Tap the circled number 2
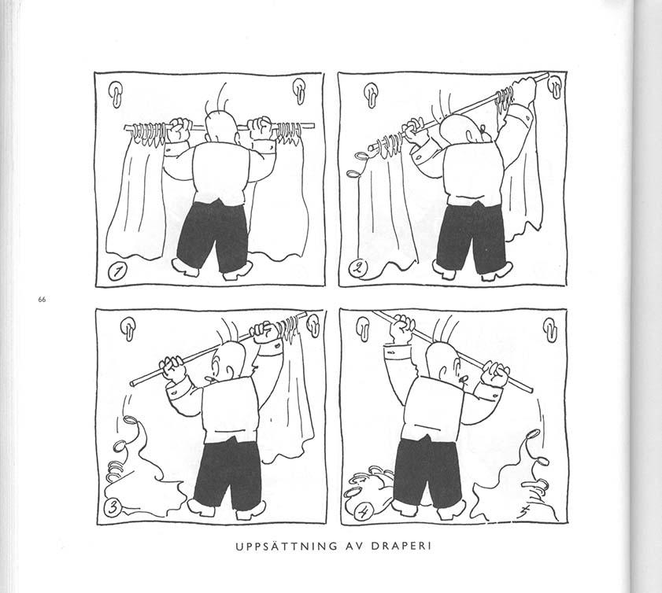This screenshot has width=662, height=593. (357, 268)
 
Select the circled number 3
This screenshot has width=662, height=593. (112, 507)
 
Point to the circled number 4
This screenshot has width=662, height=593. (363, 513)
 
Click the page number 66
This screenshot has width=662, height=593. (42, 300)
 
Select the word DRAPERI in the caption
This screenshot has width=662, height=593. (401, 546)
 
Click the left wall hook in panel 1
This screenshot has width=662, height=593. (116, 92)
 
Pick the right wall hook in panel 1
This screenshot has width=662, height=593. (299, 90)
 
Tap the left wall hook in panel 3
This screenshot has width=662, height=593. (128, 328)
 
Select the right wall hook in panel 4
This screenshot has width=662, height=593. (550, 329)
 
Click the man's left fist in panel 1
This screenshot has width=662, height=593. (179, 130)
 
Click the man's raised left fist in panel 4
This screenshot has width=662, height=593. (402, 326)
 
